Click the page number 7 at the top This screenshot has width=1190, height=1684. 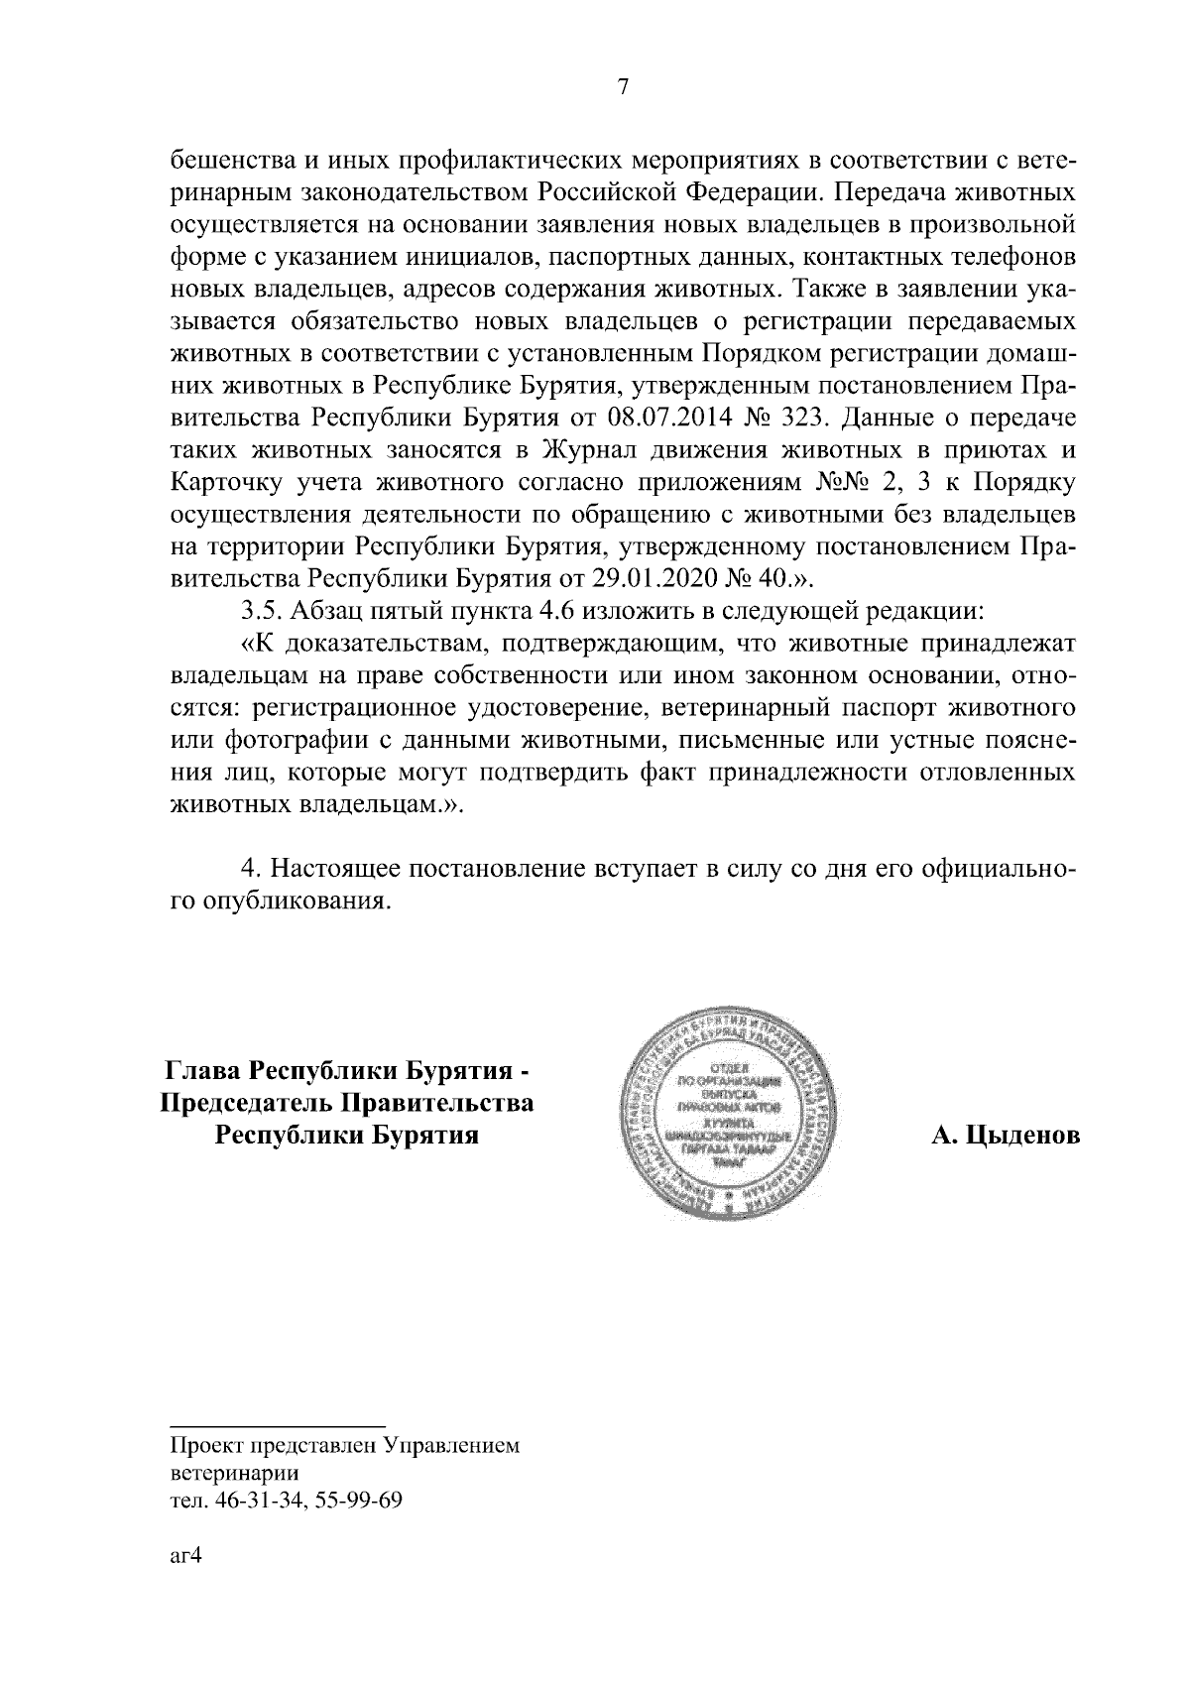coord(622,87)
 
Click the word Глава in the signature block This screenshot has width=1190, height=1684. coord(203,1072)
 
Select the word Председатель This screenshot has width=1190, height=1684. coord(248,1104)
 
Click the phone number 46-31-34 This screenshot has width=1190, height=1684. coord(252,1500)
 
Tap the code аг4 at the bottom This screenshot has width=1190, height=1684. coord(185,1556)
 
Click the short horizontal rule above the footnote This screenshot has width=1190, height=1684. coord(277,1424)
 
